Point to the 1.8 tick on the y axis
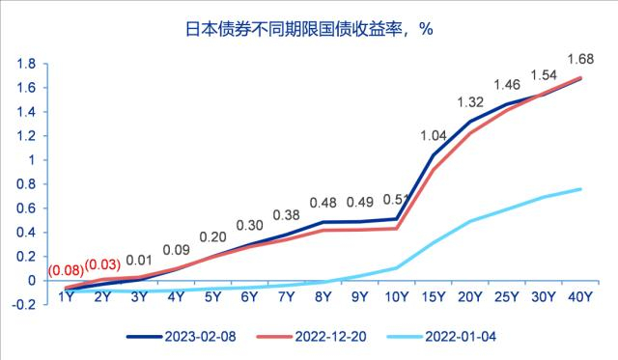tap(26, 64)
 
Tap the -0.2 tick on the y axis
tap(24, 305)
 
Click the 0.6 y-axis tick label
tap(26, 208)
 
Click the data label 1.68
tap(580, 59)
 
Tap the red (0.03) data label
tap(103, 265)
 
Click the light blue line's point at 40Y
tap(580, 189)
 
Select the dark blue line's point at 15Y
tap(434, 155)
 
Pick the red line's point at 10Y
tap(397, 229)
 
